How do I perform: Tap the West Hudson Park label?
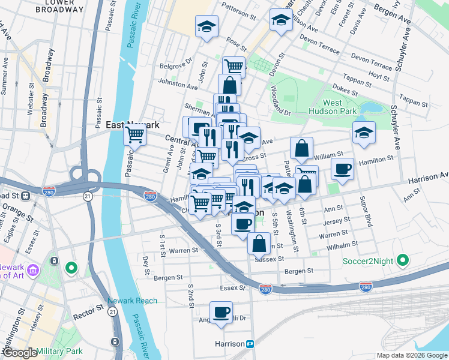[333, 107]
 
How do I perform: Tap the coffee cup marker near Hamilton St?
[342, 169]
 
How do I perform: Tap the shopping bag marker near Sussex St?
[259, 244]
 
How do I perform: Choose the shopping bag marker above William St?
[302, 148]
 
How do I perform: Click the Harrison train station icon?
[250, 344]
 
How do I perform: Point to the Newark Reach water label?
[132, 301]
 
